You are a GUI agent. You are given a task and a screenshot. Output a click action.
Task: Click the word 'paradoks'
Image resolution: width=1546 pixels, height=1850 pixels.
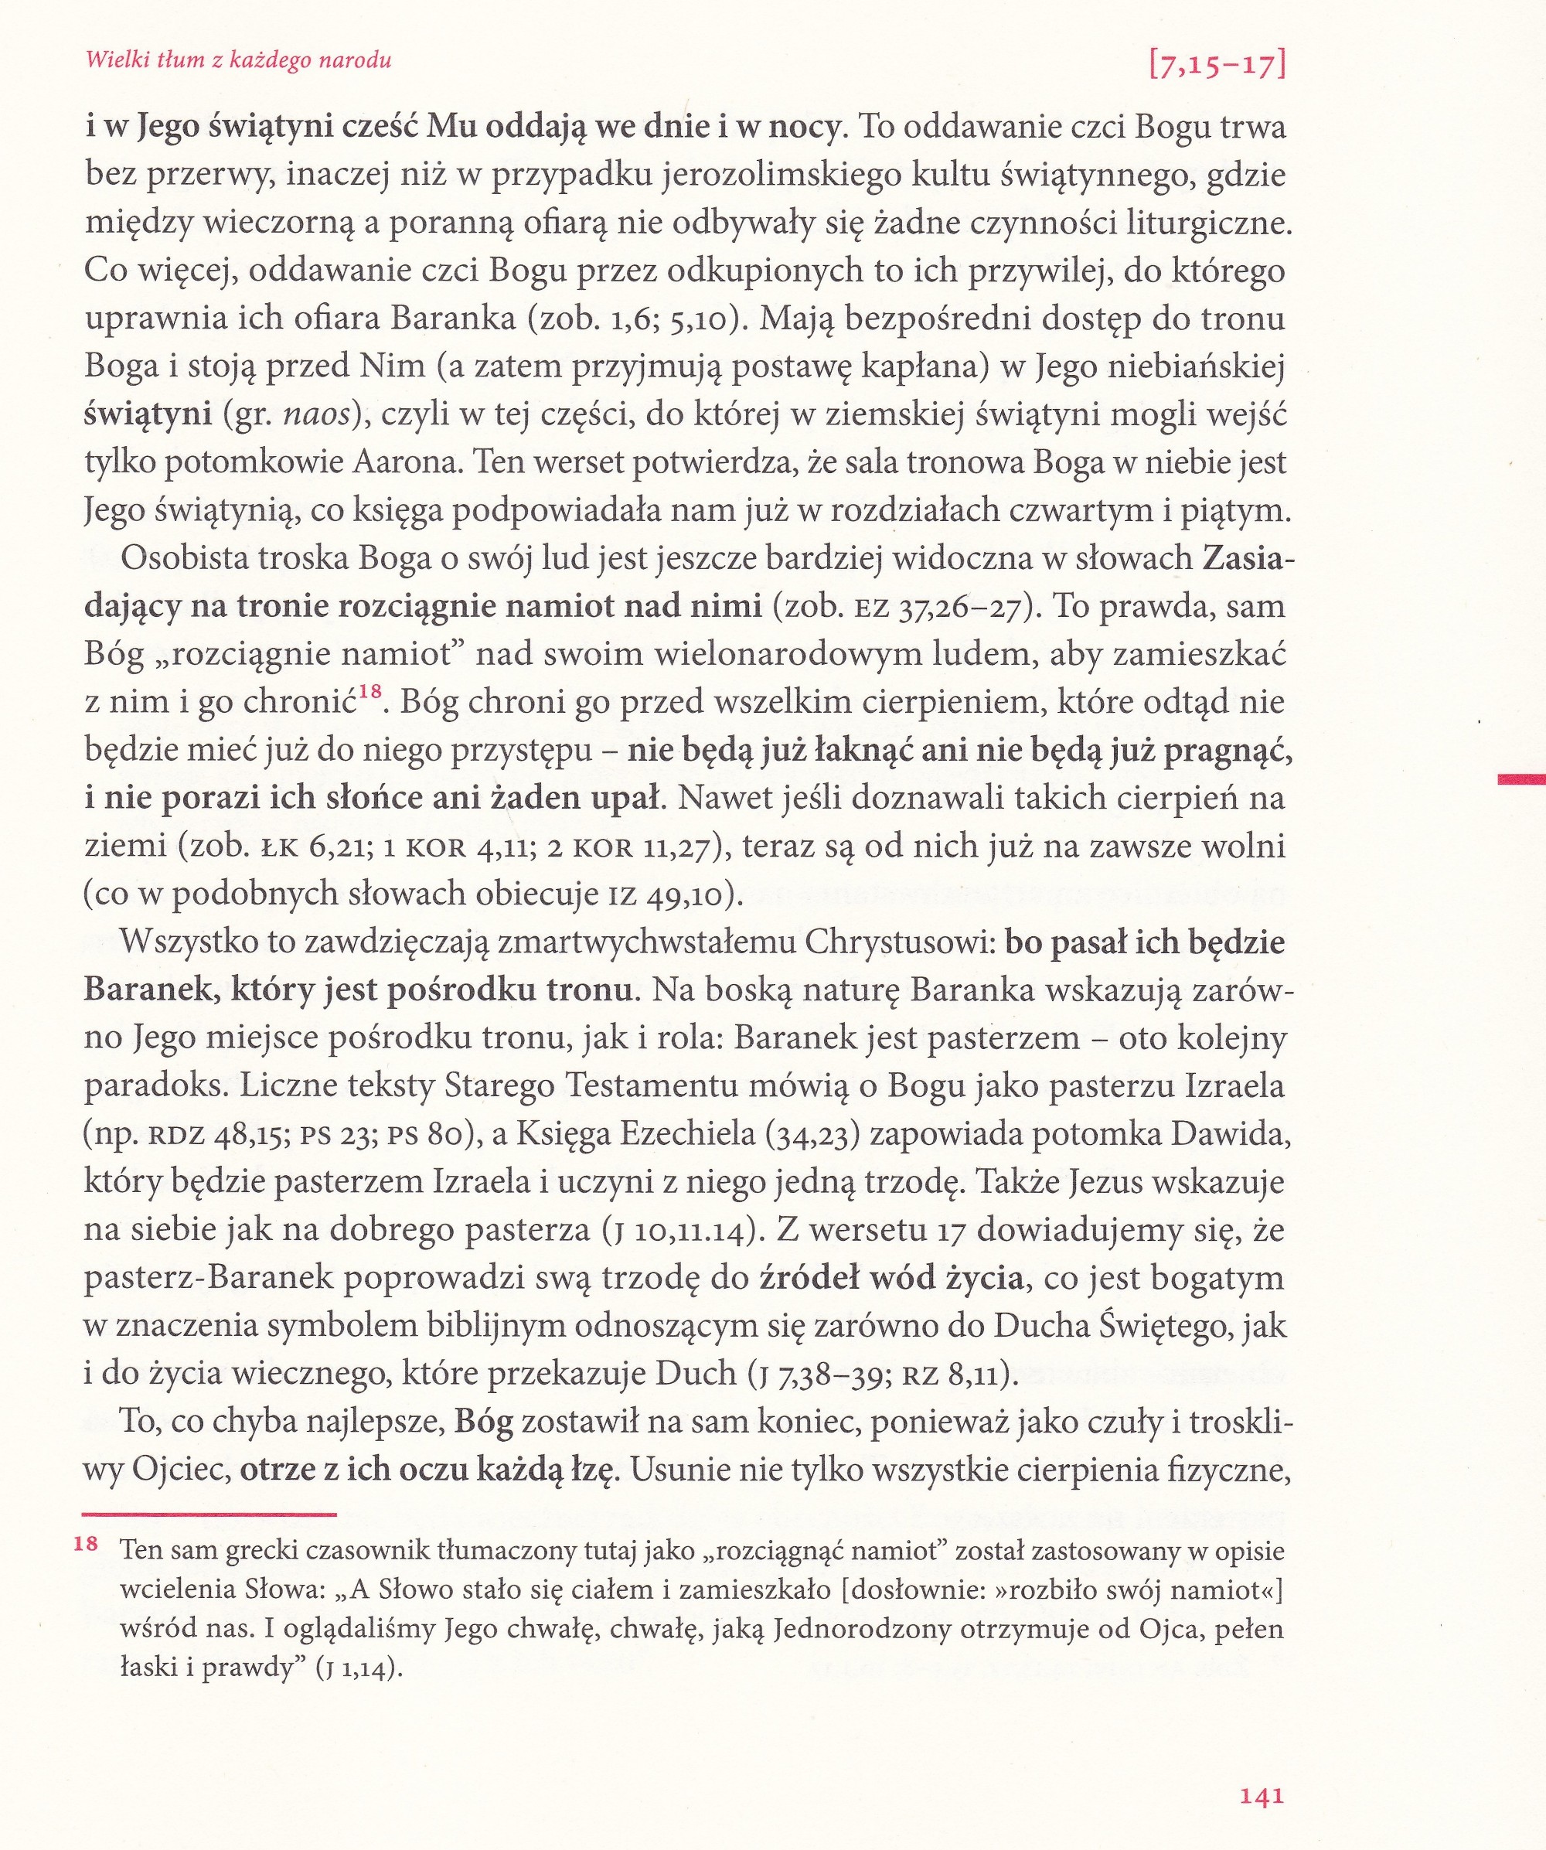point(153,1085)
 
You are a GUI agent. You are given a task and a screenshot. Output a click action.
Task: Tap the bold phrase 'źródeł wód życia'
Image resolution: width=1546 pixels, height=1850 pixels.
point(890,1277)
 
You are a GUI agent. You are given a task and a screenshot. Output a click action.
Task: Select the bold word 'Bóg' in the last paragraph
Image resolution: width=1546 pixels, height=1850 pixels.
point(483,1422)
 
